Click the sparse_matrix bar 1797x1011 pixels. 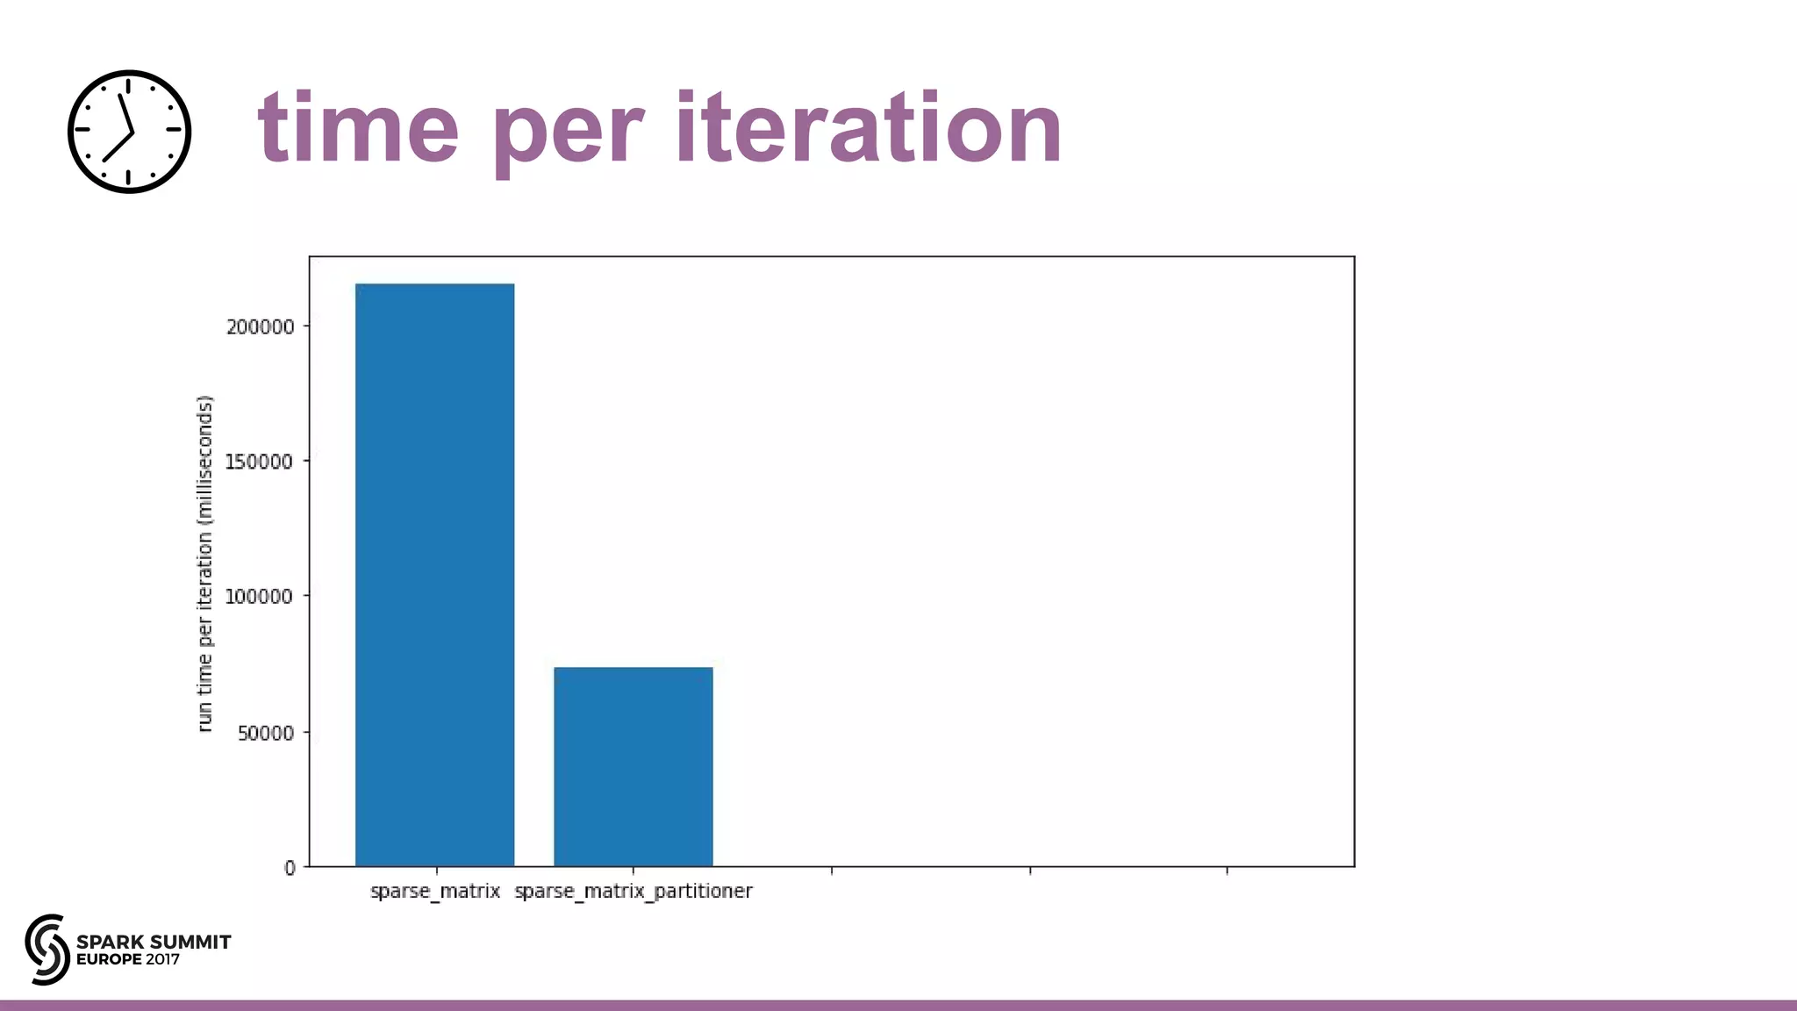[x=434, y=575]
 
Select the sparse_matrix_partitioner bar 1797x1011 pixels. [x=633, y=766]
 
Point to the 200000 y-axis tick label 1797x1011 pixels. [x=260, y=326]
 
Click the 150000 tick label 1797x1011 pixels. [x=259, y=462]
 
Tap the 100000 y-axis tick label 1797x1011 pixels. [x=259, y=597]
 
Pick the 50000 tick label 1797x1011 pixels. [x=265, y=733]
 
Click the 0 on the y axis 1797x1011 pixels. [x=290, y=868]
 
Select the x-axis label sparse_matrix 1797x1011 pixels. [x=435, y=892]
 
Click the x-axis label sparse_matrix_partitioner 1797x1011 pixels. [x=633, y=892]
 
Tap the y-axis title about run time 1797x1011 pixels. [x=204, y=563]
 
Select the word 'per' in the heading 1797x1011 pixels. [x=569, y=132]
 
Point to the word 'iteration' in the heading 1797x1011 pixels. [x=869, y=129]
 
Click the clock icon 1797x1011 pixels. [x=129, y=132]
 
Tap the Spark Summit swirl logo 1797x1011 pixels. [x=47, y=949]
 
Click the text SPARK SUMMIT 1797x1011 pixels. [x=154, y=942]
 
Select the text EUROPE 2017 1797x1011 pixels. [x=128, y=959]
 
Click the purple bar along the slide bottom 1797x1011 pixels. [x=898, y=1005]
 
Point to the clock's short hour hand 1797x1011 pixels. [x=118, y=147]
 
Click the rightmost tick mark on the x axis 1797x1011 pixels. [x=1227, y=870]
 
